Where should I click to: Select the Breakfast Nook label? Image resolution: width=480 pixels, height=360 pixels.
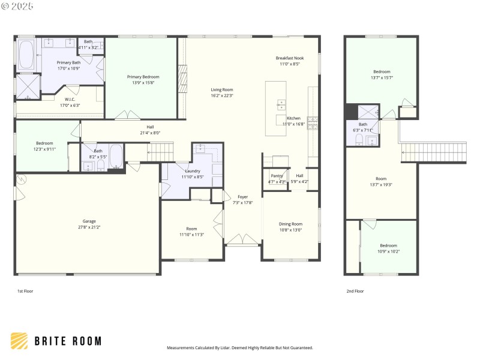[290, 58]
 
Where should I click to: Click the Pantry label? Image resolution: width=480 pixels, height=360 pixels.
[277, 176]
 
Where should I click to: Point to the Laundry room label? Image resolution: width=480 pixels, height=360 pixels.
[192, 171]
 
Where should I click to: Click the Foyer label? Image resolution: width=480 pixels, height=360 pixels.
[242, 197]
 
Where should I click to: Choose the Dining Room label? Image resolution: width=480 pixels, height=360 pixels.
[290, 224]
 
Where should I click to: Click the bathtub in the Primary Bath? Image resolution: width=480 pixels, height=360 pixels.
[26, 55]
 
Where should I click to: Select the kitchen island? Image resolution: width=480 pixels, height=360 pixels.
[276, 103]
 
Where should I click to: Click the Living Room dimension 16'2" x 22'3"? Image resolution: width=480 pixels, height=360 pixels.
[222, 95]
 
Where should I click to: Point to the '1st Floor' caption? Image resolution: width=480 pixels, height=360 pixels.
[25, 291]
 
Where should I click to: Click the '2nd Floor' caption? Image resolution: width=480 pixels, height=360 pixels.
[355, 291]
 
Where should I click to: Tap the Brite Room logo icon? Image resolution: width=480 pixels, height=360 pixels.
[20, 341]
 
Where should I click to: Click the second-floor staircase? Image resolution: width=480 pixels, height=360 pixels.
[433, 152]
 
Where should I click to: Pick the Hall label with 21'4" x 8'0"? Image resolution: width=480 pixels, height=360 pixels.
[150, 127]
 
